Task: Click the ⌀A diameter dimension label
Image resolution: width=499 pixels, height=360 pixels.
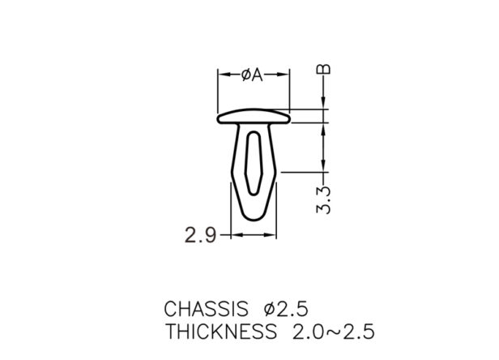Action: coord(252,75)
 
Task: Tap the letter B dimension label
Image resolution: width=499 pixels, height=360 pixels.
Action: coord(323,69)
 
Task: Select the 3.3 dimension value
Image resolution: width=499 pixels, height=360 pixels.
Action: coord(323,200)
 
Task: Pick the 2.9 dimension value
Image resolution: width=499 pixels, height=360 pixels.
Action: coord(201,236)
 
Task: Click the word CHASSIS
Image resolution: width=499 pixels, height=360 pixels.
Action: coord(206,309)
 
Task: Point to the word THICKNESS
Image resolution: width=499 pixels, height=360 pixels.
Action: coord(221,332)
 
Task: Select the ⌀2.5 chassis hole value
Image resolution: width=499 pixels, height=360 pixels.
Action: coord(286,309)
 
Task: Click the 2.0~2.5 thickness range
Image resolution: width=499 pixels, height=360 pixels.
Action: coord(333,332)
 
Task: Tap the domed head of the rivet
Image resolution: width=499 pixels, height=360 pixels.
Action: coord(254,117)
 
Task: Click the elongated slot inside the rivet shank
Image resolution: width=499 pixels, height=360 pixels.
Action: coord(254,162)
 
